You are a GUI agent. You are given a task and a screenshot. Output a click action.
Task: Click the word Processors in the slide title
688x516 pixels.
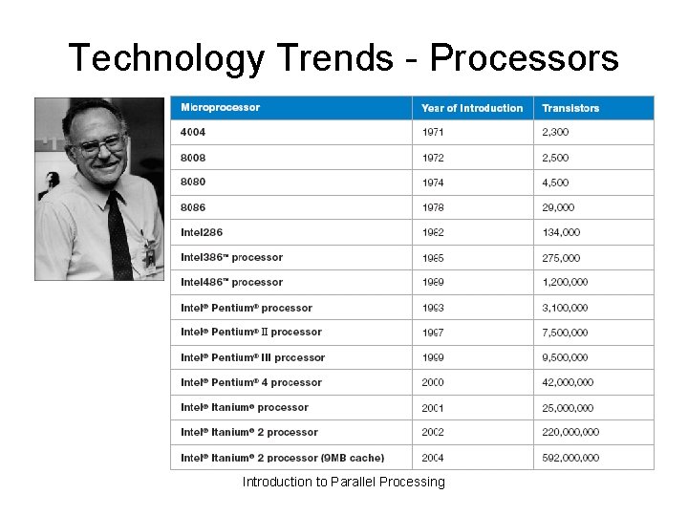click(524, 58)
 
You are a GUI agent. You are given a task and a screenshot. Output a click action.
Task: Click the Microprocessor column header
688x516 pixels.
click(220, 108)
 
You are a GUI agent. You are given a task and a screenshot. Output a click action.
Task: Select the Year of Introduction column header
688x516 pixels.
click(472, 108)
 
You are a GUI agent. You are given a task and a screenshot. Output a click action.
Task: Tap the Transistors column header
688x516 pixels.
click(570, 108)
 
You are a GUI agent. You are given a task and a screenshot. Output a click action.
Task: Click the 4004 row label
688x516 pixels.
click(193, 132)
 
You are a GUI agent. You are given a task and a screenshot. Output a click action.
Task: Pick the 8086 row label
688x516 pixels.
click(193, 207)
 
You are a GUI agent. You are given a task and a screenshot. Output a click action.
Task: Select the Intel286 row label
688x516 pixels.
click(202, 232)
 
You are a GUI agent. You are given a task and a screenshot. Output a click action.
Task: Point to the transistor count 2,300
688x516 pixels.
click(555, 133)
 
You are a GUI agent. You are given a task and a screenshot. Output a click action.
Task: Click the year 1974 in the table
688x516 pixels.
click(433, 183)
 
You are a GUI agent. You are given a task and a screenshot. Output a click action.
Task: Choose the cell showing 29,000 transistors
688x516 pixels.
click(558, 207)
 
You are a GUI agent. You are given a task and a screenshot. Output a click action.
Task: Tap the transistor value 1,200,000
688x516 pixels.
click(565, 282)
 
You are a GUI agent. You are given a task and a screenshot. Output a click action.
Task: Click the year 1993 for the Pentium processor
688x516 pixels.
click(433, 308)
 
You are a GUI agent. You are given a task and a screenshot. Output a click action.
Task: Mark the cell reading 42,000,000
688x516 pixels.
click(568, 382)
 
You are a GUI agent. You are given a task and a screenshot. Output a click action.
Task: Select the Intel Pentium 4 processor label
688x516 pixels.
click(251, 382)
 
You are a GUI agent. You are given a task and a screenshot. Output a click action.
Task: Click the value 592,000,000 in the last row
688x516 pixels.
click(570, 458)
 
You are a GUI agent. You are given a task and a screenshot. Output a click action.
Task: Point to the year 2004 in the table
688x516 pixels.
click(433, 458)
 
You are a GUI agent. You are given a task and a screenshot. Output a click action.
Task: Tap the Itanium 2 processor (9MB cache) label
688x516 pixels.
click(283, 458)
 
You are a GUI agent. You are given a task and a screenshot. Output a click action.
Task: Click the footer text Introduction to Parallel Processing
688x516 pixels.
click(343, 482)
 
